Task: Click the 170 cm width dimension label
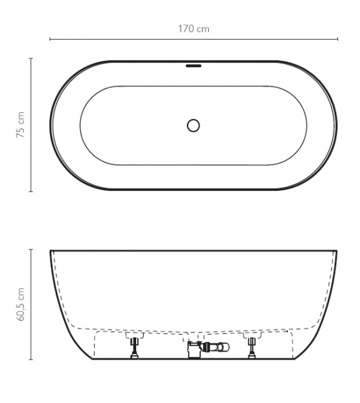point(193,28)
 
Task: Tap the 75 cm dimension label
point(21,125)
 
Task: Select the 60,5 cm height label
point(21,305)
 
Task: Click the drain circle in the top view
point(193,125)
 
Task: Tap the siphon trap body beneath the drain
point(194,350)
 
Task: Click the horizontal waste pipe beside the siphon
point(215,347)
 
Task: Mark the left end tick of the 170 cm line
point(50,40)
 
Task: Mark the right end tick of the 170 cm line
point(337,40)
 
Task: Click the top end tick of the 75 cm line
point(31,58)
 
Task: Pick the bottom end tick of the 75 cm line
point(31,191)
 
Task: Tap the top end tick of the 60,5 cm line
point(31,249)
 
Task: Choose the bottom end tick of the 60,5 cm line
point(31,360)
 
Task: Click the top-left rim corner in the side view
point(51,251)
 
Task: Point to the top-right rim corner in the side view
point(337,251)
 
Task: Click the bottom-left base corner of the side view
point(93,359)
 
